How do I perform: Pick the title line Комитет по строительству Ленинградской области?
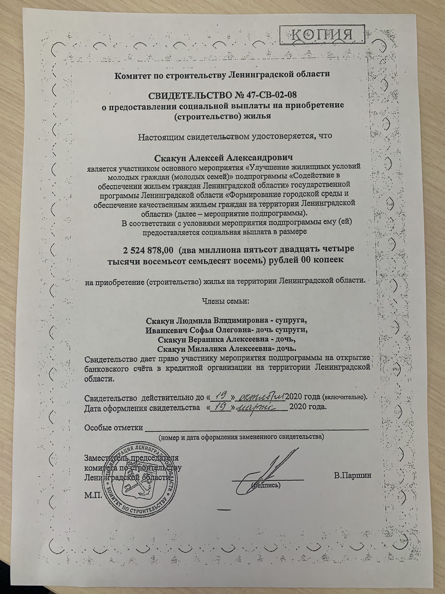[x=222, y=74]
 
